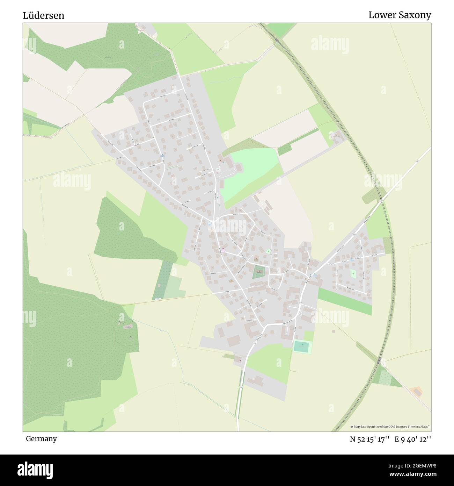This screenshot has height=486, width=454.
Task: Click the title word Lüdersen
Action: [x=44, y=16]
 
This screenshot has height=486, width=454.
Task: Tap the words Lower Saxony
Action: [x=400, y=15]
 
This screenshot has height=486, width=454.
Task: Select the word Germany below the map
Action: [x=41, y=439]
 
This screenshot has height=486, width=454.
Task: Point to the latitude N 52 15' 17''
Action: [x=370, y=439]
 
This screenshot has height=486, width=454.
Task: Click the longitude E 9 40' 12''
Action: [x=413, y=439]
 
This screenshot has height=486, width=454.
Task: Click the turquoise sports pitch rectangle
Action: [x=301, y=347]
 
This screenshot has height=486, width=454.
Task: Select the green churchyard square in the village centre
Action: [x=259, y=272]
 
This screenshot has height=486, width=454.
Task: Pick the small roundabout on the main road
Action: [x=300, y=313]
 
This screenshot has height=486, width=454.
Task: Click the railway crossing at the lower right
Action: [x=379, y=360]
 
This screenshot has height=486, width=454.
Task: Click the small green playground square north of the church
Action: [x=269, y=251]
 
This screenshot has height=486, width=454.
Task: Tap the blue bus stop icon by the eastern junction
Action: [x=314, y=275]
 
